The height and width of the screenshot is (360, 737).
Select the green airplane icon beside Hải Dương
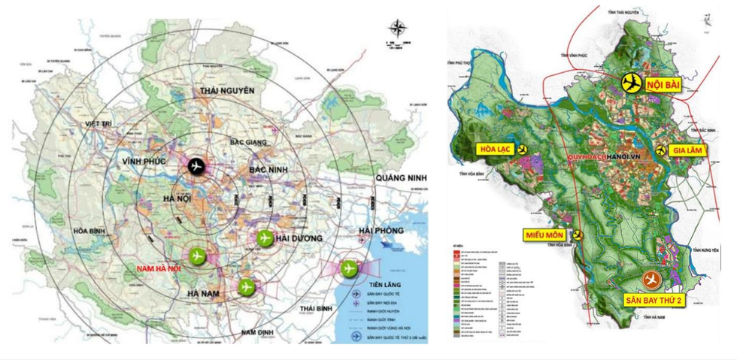264,238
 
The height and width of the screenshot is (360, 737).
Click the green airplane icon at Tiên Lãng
348,268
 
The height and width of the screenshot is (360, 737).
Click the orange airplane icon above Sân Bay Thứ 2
651,280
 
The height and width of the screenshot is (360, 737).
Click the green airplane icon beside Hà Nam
246,286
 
